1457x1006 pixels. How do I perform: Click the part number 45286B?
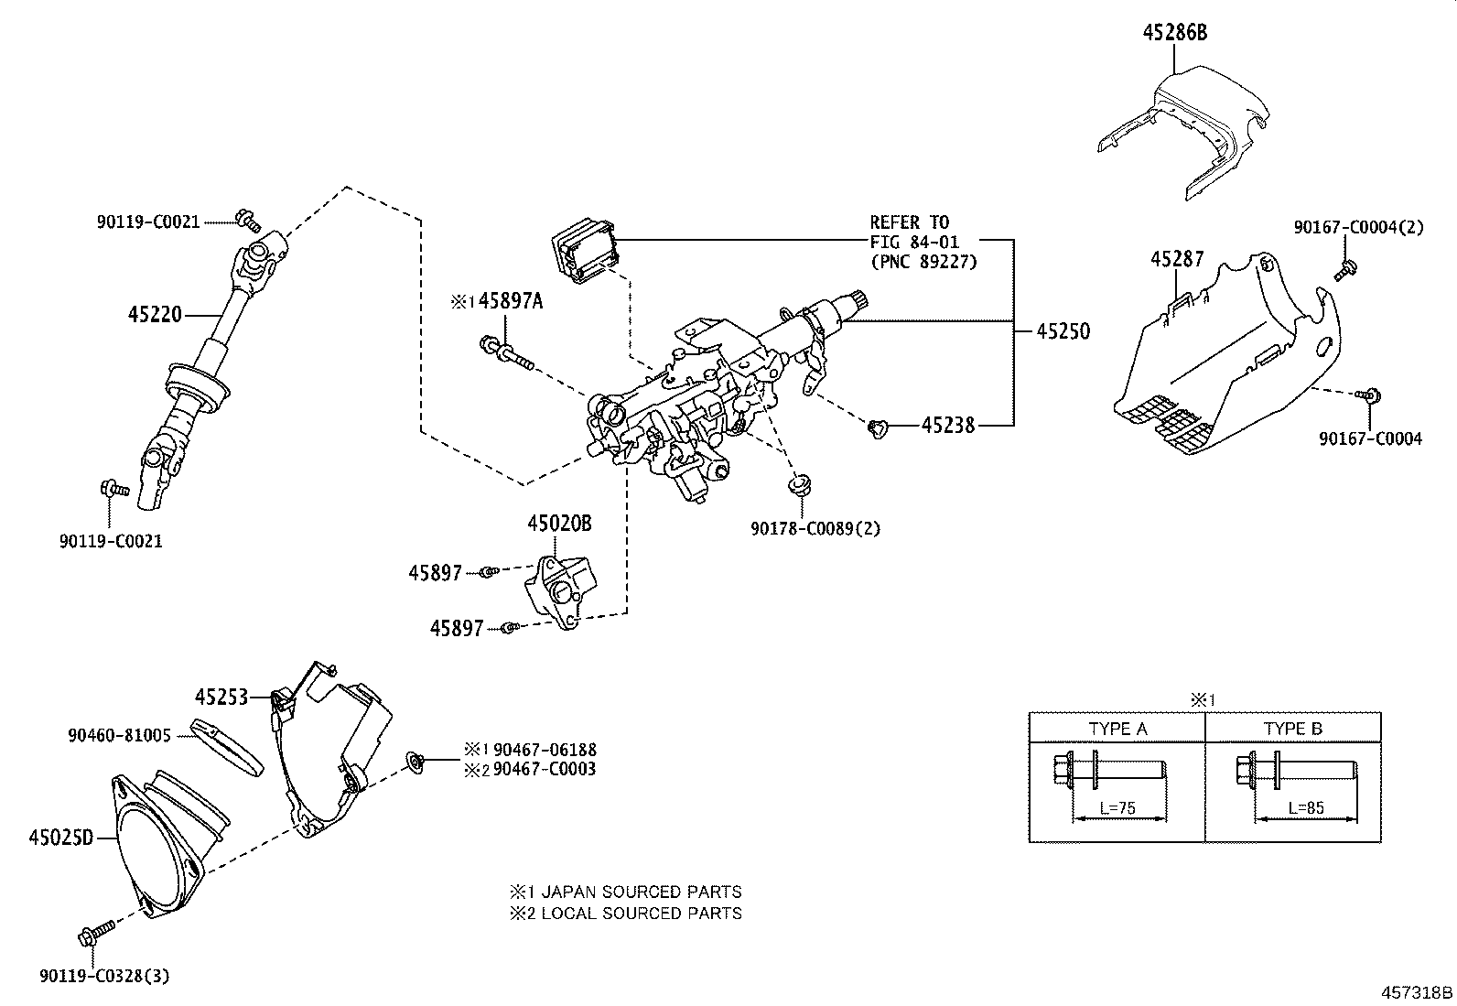coord(1175,33)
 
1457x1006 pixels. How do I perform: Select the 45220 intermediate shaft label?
coord(155,315)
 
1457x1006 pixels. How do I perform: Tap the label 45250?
coord(1063,331)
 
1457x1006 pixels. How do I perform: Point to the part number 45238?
coord(948,426)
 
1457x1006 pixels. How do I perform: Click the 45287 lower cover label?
coord(1177,259)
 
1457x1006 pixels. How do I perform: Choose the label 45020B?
coord(559,524)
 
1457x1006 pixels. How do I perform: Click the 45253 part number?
coord(221,698)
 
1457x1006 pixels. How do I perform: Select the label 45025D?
coord(61,838)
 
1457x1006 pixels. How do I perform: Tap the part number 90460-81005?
coord(120,736)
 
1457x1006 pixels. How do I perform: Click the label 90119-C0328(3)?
coord(104,976)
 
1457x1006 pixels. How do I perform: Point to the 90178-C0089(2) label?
coord(815,528)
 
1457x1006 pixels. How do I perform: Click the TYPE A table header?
coord(1118,729)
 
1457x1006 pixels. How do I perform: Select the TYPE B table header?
coord(1293,729)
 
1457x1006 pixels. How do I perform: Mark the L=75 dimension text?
coord(1117,808)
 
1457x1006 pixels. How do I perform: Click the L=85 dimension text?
coord(1306,808)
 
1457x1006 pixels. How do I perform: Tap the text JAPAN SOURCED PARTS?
coord(642,892)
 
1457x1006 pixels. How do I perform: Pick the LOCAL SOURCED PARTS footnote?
coord(642,913)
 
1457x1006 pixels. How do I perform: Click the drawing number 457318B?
coord(1417,992)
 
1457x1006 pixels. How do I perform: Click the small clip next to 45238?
coord(878,428)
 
